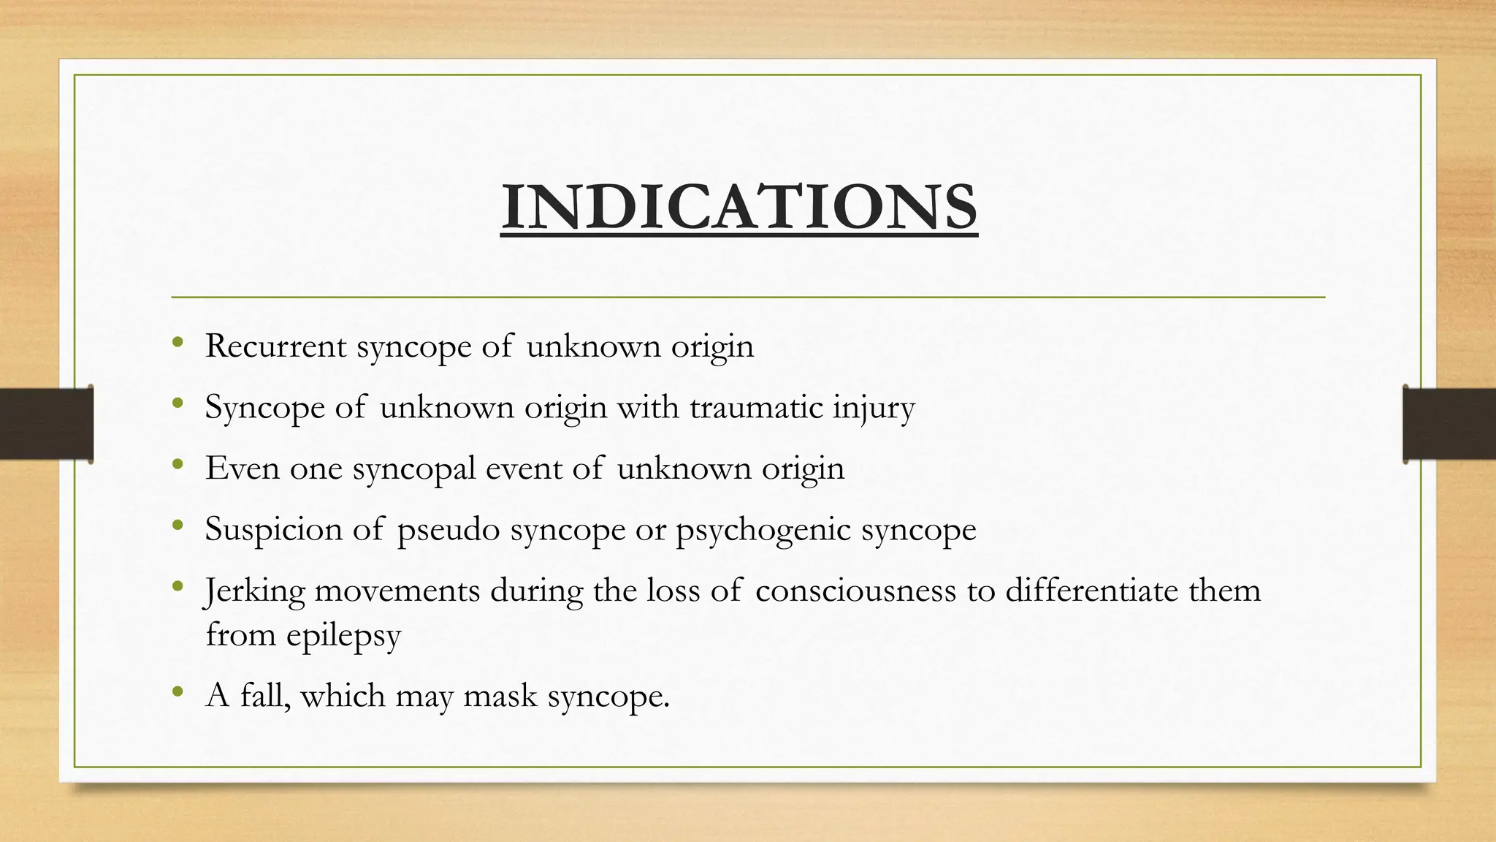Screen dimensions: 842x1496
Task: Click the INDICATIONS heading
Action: [x=739, y=207]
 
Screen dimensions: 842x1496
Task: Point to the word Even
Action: [x=243, y=469]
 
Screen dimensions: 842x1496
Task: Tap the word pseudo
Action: [x=449, y=530]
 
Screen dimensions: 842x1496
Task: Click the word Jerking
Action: [x=255, y=591]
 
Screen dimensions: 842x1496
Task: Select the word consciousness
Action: [x=855, y=591]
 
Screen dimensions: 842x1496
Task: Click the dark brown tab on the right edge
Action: [x=1449, y=424]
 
